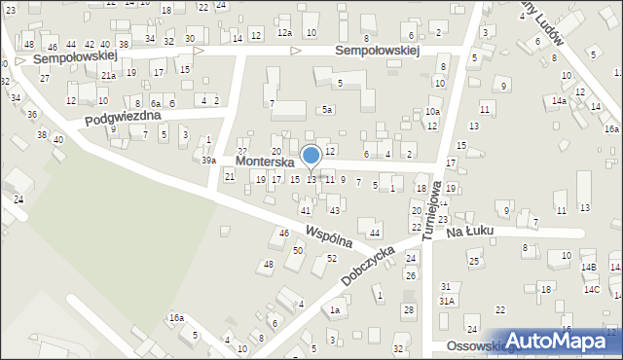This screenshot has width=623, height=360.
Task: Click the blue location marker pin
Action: tap(311, 156)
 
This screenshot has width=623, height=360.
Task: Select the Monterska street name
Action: tap(265, 162)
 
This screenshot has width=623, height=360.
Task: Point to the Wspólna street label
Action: tap(326, 236)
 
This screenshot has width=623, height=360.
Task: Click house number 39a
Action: tap(208, 160)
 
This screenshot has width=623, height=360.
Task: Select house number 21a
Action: tap(109, 75)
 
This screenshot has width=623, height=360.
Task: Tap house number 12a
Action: tap(284, 33)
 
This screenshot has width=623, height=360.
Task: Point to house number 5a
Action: tap(329, 110)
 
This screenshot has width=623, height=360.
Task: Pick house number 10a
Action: tap(432, 112)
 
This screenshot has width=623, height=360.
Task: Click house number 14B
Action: tap(589, 267)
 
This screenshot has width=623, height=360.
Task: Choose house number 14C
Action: tap(592, 289)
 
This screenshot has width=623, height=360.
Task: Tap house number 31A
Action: tap(446, 302)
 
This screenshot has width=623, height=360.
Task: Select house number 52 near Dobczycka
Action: tap(332, 258)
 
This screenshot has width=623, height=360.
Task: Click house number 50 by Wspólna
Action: tap(298, 251)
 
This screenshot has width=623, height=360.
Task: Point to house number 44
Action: tap(375, 233)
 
